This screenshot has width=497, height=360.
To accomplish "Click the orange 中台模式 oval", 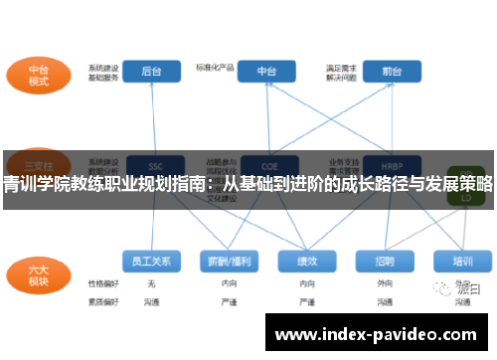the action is (x=38, y=78).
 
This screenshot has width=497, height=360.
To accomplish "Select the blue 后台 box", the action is (x=151, y=72).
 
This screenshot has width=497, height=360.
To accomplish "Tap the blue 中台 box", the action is (x=266, y=72).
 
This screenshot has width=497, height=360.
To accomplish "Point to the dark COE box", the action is (x=266, y=165).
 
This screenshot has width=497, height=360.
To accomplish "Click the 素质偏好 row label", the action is (x=102, y=299).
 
